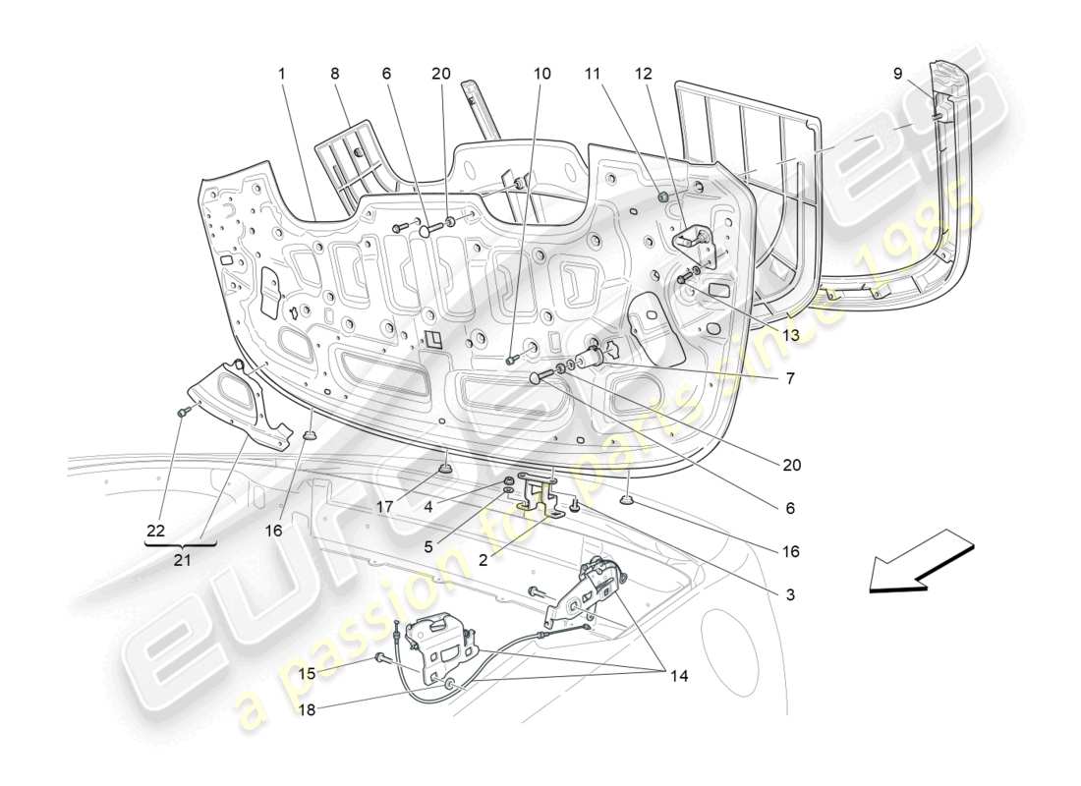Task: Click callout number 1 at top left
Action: point(281,74)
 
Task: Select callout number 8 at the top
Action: point(334,74)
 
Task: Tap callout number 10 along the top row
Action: point(542,74)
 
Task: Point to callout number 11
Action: point(592,74)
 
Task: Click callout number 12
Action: point(643,74)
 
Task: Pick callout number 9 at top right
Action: point(898,74)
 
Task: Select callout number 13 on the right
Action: point(791,334)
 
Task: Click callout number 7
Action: point(791,378)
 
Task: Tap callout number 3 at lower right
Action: point(791,594)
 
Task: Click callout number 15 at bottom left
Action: point(308,674)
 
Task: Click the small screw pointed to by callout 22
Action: point(182,414)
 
